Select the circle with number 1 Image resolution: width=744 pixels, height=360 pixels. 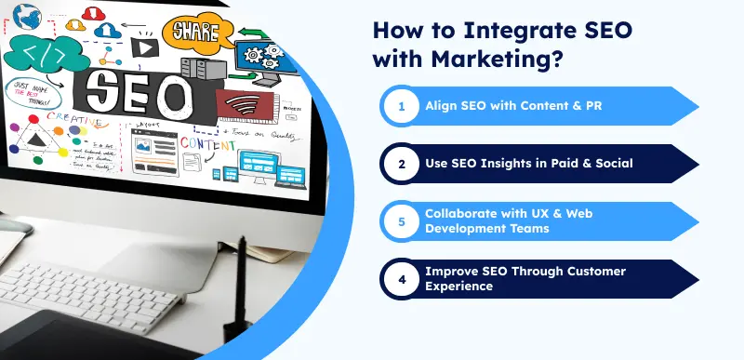click(x=402, y=106)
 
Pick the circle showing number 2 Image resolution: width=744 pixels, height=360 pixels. click(x=402, y=164)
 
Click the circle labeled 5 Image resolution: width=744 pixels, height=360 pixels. click(x=402, y=221)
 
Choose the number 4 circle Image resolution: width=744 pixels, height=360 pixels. click(x=402, y=278)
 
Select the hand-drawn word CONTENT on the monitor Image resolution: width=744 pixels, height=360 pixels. click(x=207, y=144)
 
